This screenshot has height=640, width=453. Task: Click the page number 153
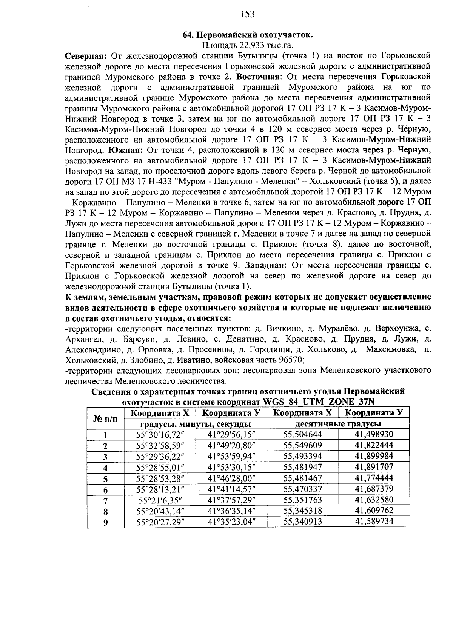point(247,14)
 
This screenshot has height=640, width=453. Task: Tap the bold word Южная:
point(125,150)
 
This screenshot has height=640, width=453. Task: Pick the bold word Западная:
point(266,265)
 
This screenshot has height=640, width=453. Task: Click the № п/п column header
point(105,418)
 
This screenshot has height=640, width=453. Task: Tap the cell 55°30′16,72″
point(160,434)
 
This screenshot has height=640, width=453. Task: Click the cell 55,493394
point(303,456)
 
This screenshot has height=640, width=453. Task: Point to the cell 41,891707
point(374,467)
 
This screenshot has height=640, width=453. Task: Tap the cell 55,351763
point(303,500)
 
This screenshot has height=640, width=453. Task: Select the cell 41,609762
point(374,511)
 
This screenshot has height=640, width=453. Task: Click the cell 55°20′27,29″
point(160,523)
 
